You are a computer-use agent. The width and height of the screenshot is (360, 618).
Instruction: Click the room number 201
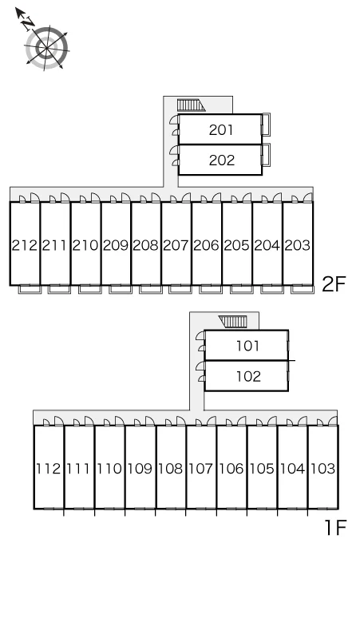point(221,129)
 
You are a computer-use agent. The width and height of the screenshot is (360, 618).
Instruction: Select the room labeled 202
point(221,160)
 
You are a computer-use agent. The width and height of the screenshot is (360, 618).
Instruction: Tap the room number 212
point(25,245)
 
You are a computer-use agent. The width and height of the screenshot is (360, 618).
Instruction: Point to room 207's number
point(176,245)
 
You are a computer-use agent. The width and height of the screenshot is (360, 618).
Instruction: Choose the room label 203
point(298,245)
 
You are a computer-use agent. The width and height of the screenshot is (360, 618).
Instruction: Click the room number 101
point(247,346)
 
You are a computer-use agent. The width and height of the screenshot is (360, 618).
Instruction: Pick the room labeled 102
point(248,376)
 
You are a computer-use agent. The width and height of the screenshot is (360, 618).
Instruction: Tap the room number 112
point(49,469)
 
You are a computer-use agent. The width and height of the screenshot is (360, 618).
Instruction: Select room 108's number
point(171,469)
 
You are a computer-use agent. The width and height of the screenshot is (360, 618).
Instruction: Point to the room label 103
point(323,469)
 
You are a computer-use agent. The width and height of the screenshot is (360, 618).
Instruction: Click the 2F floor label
point(334,283)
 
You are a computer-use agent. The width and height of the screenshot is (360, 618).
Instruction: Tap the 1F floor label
point(334,528)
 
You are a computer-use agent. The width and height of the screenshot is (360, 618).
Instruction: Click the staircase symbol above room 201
point(191,105)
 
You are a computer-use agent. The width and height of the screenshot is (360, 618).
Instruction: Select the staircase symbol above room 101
point(234,322)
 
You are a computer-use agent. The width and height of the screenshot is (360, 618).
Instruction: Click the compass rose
point(46,48)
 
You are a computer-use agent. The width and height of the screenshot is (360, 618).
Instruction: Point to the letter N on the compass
point(28,24)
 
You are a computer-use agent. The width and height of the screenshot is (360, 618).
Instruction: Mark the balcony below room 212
point(30,289)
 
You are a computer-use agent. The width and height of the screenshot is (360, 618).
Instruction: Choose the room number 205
point(237,245)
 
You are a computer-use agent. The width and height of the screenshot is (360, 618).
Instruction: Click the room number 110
point(109,469)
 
